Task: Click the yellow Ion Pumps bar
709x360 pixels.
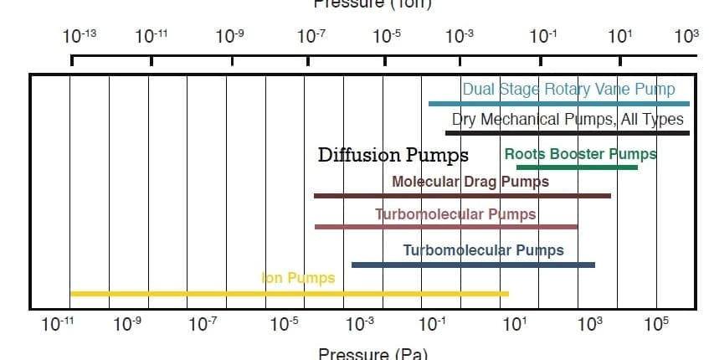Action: point(289,293)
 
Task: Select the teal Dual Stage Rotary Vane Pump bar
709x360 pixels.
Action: point(558,104)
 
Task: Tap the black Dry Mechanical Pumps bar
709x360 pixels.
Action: point(568,132)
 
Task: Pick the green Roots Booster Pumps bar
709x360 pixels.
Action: point(577,167)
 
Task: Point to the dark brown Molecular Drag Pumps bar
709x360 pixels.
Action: point(462,196)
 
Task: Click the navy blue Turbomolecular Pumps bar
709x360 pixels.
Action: point(473,265)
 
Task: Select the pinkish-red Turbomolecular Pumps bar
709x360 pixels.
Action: point(446,226)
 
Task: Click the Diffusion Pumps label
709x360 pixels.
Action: point(393,155)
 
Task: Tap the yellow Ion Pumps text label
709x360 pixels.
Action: point(298,278)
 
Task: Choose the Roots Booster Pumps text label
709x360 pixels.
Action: point(580,154)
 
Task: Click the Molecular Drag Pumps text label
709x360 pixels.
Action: point(470,181)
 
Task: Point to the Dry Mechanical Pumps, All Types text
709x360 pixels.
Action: point(568,119)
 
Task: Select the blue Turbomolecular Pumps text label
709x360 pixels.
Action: point(483,249)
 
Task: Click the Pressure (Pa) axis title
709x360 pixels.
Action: point(373,352)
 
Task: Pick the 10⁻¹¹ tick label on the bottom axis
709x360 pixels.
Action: point(57,326)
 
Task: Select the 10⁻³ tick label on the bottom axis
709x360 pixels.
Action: point(358,326)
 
